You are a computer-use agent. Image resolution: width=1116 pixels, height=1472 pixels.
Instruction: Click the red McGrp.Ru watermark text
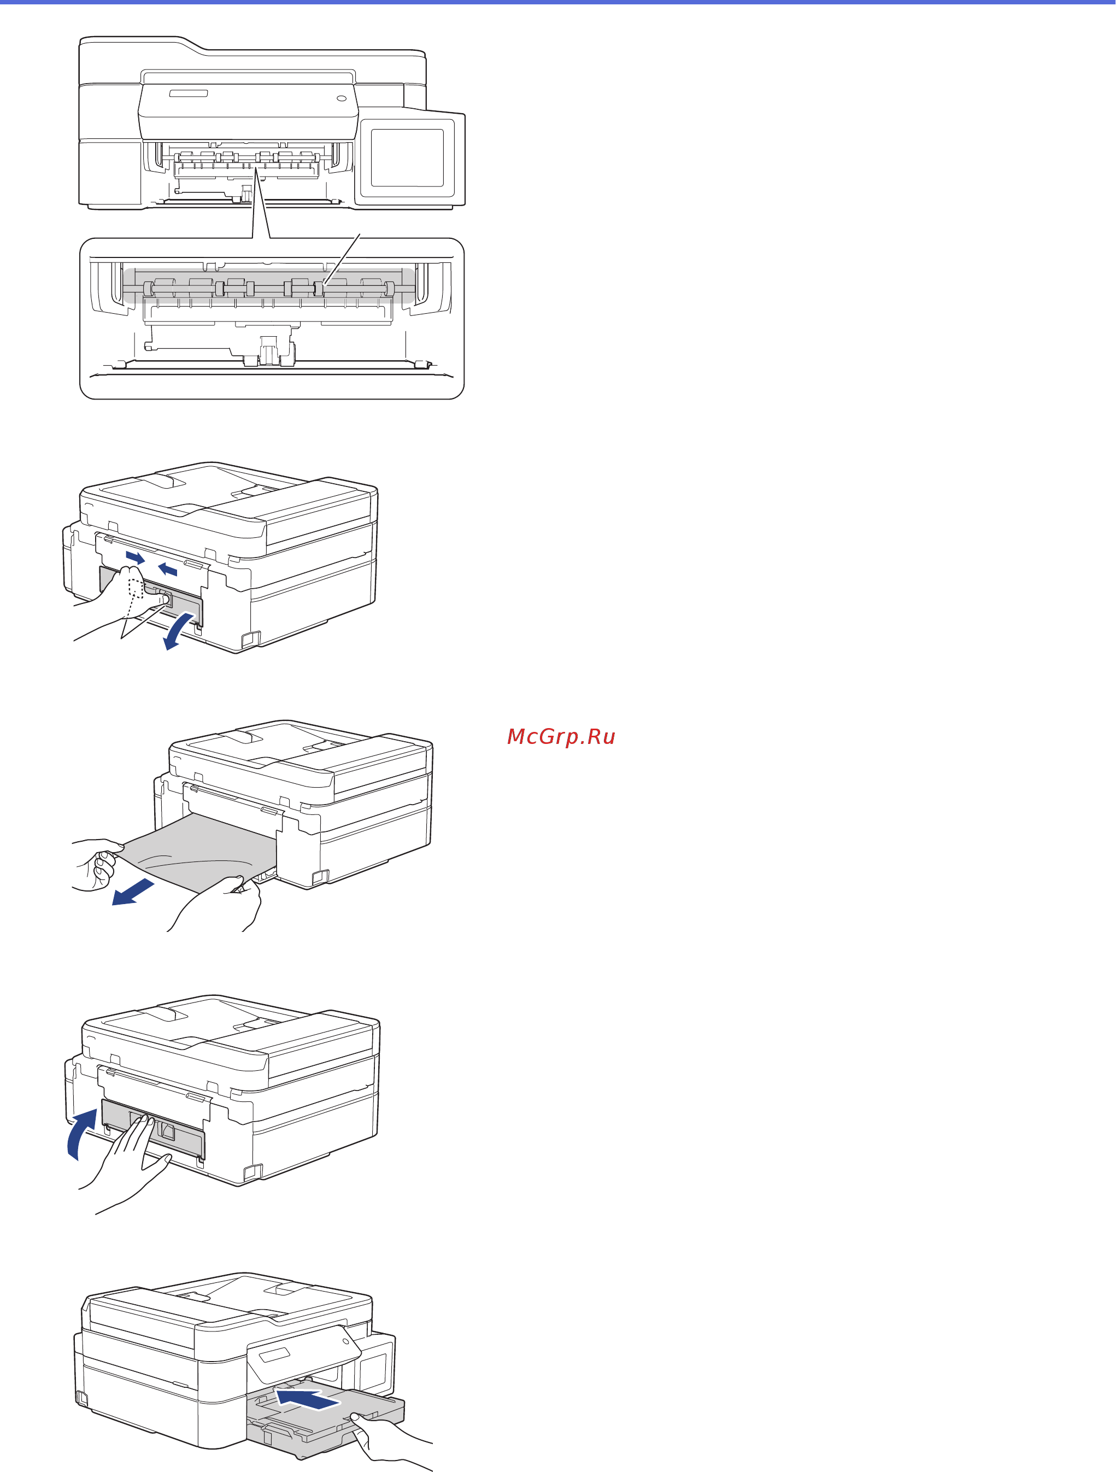click(x=561, y=737)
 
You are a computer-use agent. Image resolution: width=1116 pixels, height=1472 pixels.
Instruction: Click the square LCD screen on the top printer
click(x=407, y=158)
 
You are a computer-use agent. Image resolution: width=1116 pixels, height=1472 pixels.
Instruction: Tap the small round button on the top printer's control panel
click(x=342, y=98)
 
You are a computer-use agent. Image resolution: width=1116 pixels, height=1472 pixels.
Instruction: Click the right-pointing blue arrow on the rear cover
click(x=135, y=557)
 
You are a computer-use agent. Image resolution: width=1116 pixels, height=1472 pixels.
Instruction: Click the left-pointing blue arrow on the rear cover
click(x=168, y=569)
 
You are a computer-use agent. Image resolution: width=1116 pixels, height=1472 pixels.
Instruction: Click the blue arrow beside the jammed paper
click(x=133, y=892)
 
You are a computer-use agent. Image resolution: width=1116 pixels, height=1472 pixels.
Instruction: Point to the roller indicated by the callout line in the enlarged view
click(x=319, y=289)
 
